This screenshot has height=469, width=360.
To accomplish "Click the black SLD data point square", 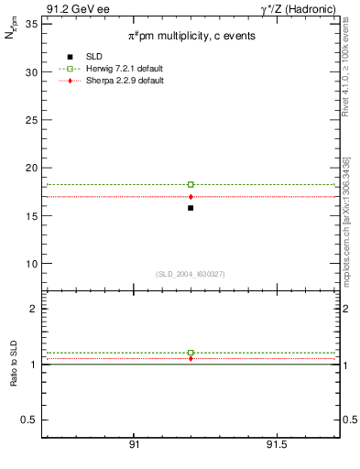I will tap(191, 208).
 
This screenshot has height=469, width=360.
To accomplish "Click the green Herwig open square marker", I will tap(191, 184).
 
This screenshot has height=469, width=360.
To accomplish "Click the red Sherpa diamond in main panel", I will tap(191, 197).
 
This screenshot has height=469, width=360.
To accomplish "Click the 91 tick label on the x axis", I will tap(134, 444).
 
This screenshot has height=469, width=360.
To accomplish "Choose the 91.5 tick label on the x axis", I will tap(276, 444).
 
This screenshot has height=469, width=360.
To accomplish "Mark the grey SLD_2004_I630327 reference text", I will tap(190, 274).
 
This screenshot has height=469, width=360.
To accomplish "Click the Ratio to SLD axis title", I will tap(15, 365).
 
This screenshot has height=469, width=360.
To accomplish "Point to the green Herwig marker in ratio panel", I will tap(191, 353).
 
